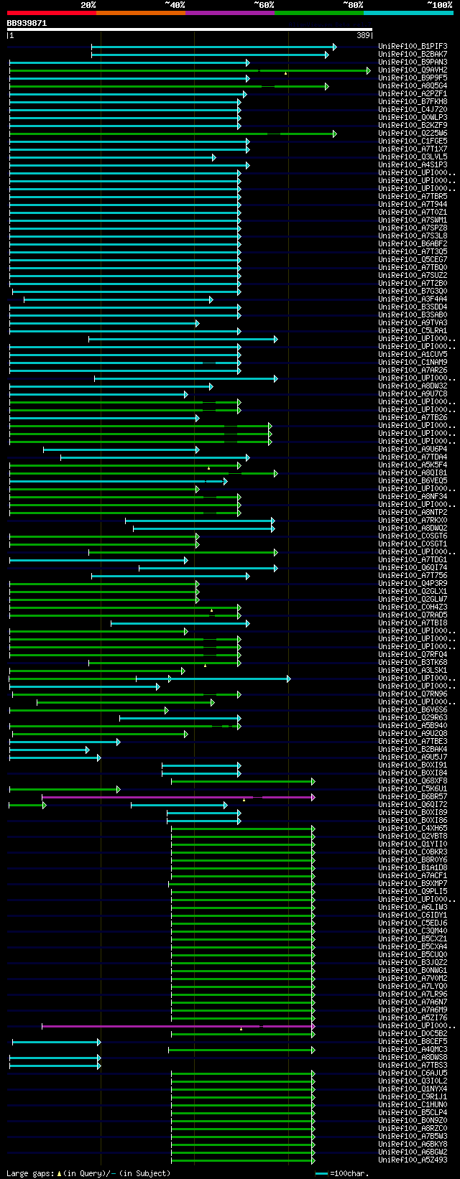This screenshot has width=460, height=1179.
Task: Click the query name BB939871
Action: coord(27,23)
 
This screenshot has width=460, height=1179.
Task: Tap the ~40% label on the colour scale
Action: coord(175,5)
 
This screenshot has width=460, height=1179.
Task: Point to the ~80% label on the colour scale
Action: coord(353,5)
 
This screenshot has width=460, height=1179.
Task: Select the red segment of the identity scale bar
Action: coord(51,12)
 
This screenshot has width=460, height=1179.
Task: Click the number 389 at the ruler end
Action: coord(363,34)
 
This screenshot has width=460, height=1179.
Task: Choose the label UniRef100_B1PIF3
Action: coord(413,47)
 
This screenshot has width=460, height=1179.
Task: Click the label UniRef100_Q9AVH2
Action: coord(413,70)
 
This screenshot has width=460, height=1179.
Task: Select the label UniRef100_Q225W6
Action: coord(413,134)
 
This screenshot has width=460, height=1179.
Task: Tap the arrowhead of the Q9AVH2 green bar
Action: coord(369,70)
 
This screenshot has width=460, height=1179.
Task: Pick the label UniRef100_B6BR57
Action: coord(413,797)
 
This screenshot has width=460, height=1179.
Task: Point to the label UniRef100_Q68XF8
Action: coord(413,781)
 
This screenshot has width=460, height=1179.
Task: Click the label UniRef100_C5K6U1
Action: coord(413,789)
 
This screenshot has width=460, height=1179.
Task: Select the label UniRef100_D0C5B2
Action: coord(413,1034)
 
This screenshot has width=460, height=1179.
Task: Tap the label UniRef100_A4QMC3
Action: coord(413,1050)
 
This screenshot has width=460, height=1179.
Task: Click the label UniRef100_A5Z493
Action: coord(413,1160)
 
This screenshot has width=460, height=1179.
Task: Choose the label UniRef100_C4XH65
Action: coord(413,829)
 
